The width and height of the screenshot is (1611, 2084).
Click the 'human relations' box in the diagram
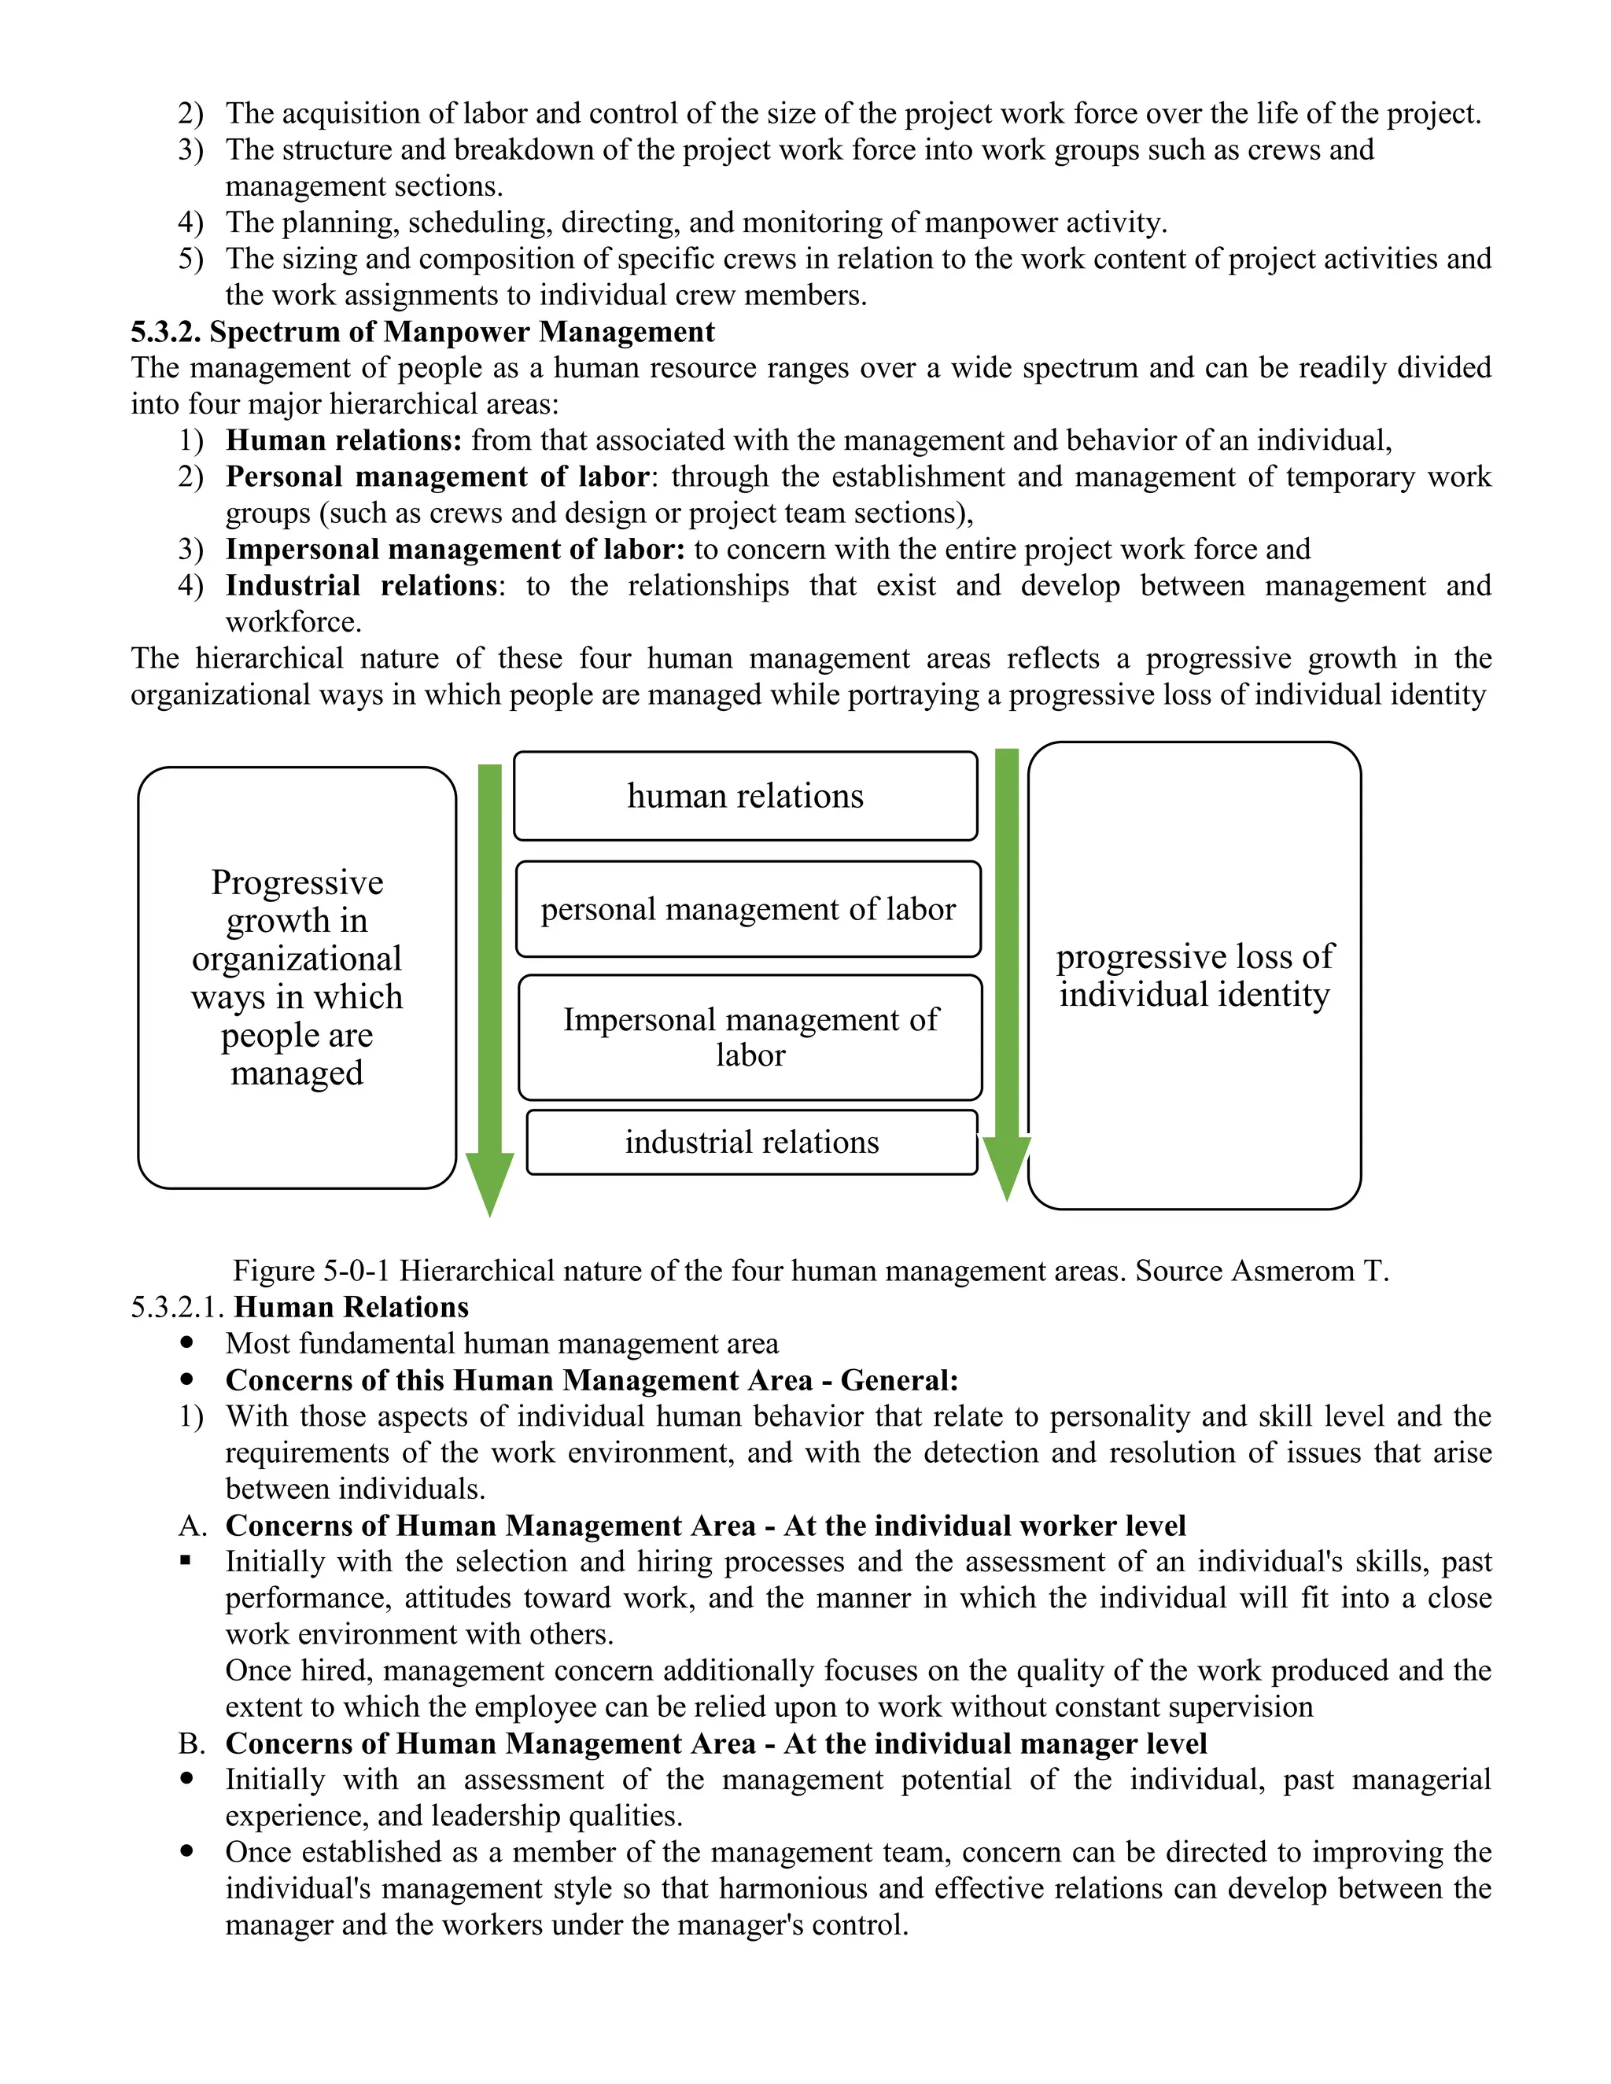(x=746, y=796)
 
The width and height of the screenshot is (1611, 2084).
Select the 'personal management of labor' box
(x=748, y=908)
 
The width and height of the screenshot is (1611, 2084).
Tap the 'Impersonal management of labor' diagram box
(x=750, y=1037)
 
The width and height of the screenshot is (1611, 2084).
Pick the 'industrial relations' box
(x=752, y=1142)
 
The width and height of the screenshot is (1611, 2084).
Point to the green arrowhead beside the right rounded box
(x=1007, y=1166)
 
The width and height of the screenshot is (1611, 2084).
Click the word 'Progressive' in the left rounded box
(x=297, y=882)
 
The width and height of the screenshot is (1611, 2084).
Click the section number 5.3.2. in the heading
(x=166, y=332)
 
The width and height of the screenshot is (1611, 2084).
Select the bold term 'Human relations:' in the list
(x=344, y=441)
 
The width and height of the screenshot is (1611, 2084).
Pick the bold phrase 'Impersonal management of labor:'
(x=455, y=550)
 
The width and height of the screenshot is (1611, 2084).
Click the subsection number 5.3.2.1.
(x=179, y=1307)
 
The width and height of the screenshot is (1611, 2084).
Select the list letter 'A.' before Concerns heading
(x=192, y=1526)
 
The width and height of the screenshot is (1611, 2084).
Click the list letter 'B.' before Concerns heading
(x=192, y=1743)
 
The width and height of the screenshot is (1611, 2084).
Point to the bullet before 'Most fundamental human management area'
(x=187, y=1343)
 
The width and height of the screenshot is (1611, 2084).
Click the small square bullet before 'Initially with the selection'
(x=186, y=1561)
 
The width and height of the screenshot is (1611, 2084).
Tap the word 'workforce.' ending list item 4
(x=293, y=622)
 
